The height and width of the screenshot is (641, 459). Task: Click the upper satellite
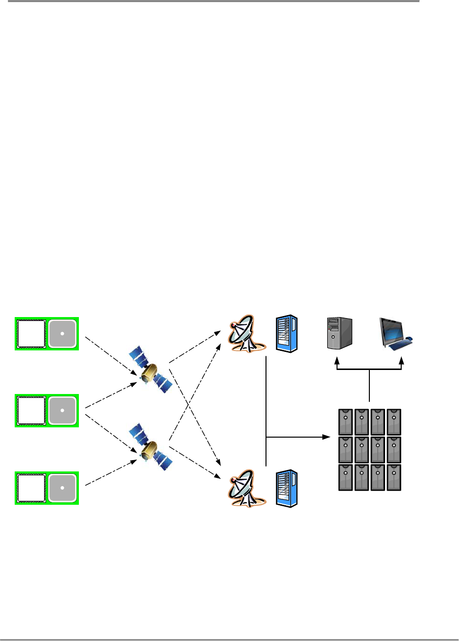150,370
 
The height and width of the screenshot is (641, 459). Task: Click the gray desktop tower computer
339,333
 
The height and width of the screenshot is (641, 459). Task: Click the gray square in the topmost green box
63,334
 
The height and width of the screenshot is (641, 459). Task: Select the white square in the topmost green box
31,334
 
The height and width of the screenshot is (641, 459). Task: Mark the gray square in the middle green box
63,411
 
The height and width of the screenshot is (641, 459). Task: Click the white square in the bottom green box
31,488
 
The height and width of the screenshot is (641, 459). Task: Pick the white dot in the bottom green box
63,488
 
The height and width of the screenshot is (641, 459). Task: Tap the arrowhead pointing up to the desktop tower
337,362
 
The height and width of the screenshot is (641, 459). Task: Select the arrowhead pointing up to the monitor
402,362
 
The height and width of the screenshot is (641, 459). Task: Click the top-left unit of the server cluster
346,421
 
